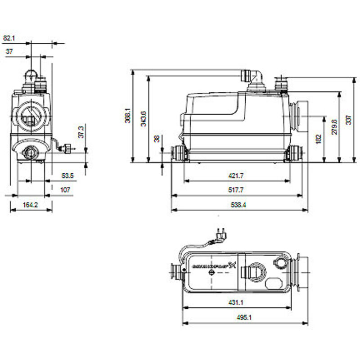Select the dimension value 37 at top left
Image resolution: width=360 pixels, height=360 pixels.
(9, 52)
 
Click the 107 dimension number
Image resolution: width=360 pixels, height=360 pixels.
(65, 190)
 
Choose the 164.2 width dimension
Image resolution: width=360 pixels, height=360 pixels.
(30, 205)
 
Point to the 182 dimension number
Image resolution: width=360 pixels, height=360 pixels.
(319, 138)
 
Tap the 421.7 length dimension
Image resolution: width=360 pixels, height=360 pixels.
(237, 175)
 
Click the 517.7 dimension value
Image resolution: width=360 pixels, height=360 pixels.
(237, 190)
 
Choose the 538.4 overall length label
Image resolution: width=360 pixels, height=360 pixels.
(239, 205)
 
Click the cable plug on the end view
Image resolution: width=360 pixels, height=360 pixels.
(67, 148)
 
